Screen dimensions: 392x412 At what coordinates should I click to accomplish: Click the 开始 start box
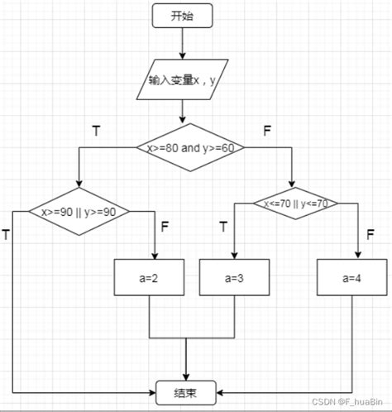click(x=182, y=16)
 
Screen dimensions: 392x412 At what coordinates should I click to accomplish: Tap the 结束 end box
click(x=186, y=393)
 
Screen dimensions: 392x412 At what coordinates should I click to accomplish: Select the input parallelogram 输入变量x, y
click(x=182, y=79)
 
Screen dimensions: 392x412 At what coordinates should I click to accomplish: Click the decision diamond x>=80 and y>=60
click(x=190, y=147)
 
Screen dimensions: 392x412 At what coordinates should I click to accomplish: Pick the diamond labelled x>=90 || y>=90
click(x=79, y=212)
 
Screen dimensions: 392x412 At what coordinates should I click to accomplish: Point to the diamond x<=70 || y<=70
click(x=295, y=204)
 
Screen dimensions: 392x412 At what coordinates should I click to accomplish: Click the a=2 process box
click(x=149, y=277)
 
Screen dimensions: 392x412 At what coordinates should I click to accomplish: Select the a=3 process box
click(x=234, y=277)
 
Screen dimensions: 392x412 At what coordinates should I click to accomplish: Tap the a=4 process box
click(x=351, y=277)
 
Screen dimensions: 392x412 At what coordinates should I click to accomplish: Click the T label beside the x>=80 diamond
click(x=96, y=131)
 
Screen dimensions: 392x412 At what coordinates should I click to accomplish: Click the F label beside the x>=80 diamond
click(x=267, y=131)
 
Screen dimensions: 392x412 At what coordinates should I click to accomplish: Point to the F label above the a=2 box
click(x=165, y=227)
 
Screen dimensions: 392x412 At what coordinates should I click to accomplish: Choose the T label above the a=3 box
click(x=223, y=227)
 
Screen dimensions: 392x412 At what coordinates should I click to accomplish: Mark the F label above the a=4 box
click(x=370, y=234)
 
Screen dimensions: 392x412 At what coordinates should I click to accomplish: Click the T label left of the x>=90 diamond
click(x=6, y=234)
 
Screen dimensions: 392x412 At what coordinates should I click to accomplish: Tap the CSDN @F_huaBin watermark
click(x=347, y=402)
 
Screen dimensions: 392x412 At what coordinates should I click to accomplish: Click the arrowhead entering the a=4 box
click(x=358, y=256)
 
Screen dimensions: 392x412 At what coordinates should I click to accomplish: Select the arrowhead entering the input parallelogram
click(x=182, y=55)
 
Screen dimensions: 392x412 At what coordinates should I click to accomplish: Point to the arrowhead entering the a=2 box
click(x=155, y=256)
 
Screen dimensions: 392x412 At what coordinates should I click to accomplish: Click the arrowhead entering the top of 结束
click(x=186, y=377)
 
